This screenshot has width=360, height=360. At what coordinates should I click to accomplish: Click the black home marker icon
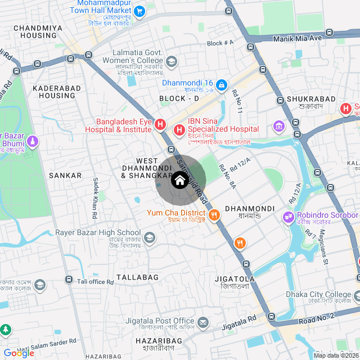179,181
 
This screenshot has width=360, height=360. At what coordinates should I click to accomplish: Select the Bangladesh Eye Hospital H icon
160,124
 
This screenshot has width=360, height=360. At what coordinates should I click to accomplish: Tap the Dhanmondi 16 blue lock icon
222,85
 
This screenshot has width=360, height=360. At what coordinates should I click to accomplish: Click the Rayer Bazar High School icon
150,238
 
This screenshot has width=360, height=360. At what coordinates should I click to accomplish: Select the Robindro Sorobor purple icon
289,216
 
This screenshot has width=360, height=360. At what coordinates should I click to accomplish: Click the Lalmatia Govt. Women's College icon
172,61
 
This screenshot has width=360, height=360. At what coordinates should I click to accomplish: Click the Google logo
19,353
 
